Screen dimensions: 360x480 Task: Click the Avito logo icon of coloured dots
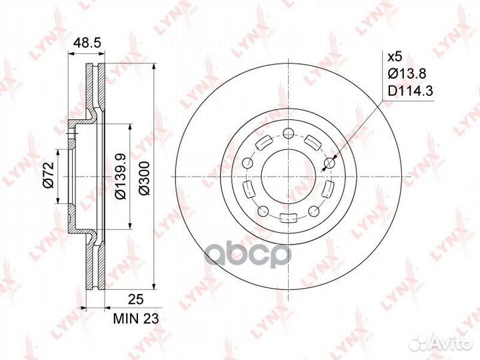[x=423, y=343]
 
